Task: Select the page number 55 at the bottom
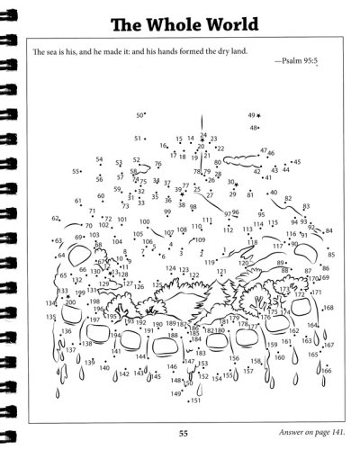click(183, 436)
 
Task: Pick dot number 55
click(85, 170)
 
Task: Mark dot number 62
click(62, 219)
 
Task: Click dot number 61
click(86, 201)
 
